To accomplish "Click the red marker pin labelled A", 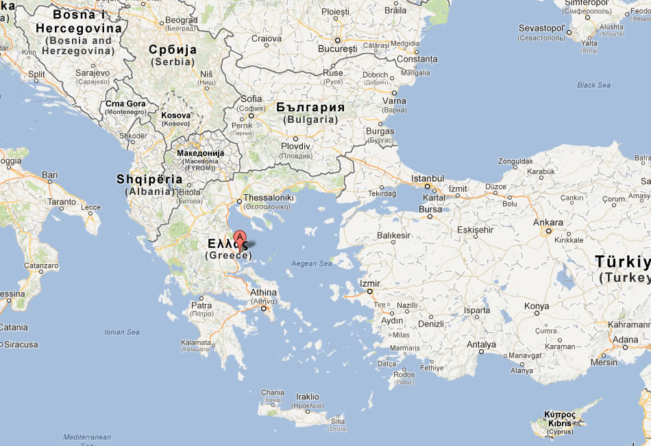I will (240, 240).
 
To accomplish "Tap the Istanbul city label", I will (428, 178).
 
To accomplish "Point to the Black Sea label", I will (593, 85).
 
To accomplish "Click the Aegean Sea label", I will (311, 263).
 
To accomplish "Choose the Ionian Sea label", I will (123, 332).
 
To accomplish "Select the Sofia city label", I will (251, 99).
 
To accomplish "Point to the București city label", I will (338, 50).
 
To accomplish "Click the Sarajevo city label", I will (93, 72).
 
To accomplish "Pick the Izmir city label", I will (369, 283).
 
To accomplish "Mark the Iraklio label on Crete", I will (307, 396).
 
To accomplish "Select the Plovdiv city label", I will (295, 146).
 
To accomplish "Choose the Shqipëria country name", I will (149, 179).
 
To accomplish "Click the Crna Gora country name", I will (125, 104).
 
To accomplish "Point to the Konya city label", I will (537, 306).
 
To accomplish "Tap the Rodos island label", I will (404, 375).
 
